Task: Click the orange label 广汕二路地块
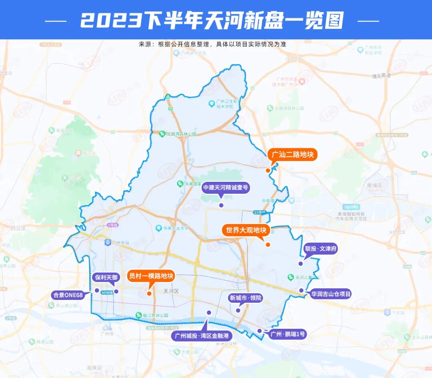(x=293, y=155)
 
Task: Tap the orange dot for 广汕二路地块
(x=268, y=171)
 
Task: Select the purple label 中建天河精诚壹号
(x=226, y=187)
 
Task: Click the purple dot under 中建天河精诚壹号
(x=221, y=205)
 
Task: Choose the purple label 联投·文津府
(x=321, y=249)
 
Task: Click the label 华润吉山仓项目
(x=331, y=294)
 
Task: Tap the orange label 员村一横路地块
(x=151, y=276)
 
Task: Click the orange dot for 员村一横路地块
(x=149, y=294)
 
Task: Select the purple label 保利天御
(x=106, y=277)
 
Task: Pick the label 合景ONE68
(x=68, y=295)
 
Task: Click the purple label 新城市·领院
(x=245, y=298)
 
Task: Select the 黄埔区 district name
(x=374, y=186)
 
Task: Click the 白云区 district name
(x=18, y=229)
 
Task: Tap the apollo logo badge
(x=351, y=207)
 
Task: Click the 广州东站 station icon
(x=108, y=243)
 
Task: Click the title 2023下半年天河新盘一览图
(x=212, y=20)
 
